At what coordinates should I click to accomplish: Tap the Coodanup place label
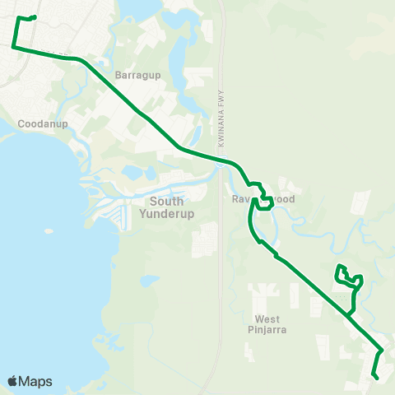tap(37, 124)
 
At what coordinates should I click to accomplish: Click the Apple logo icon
tap(13, 381)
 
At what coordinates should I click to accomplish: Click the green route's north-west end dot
tap(34, 17)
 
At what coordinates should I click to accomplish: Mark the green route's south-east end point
tap(376, 377)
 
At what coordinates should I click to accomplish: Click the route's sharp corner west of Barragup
tap(13, 47)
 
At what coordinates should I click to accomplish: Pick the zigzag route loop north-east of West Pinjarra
tap(349, 278)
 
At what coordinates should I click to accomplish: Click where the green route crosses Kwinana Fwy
tap(223, 160)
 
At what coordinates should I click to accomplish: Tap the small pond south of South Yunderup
tap(148, 280)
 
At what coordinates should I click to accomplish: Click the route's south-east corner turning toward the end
tap(382, 350)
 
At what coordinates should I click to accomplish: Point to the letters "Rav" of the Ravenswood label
tap(235, 199)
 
